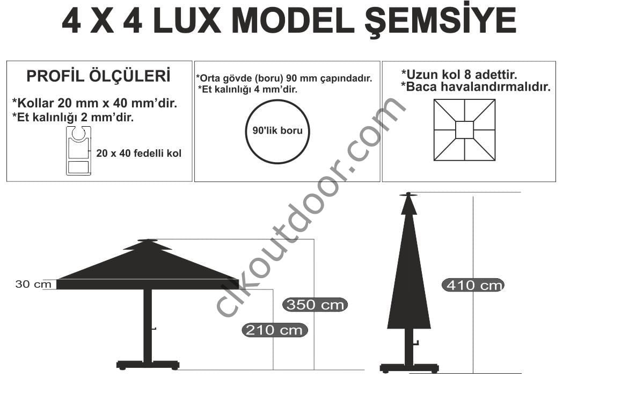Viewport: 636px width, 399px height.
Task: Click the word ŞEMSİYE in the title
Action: pos(440,21)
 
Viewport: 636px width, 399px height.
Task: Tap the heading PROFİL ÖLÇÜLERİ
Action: pos(99,76)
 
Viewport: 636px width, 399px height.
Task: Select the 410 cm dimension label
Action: pos(473,285)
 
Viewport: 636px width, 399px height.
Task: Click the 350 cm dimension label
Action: pos(315,304)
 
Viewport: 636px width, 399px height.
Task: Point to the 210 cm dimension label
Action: pos(275,330)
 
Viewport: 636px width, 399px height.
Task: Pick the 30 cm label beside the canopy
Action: pos(33,284)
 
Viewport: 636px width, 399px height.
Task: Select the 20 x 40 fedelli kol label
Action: pos(138,154)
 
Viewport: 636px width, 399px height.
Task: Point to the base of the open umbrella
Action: pos(148,365)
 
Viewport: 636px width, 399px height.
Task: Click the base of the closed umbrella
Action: pos(410,368)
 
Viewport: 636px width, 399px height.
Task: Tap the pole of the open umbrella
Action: pos(148,325)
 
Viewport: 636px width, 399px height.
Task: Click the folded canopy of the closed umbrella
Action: pos(409,268)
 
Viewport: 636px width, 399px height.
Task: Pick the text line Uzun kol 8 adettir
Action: pos(459,75)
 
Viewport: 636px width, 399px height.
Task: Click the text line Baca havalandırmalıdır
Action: pos(476,87)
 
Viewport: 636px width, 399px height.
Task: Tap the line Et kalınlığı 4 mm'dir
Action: pos(247,89)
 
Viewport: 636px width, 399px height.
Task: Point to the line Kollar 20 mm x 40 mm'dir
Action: pos(94,103)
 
